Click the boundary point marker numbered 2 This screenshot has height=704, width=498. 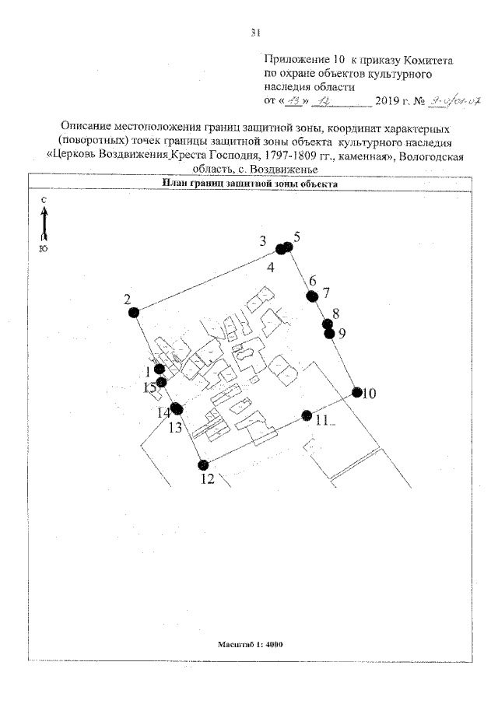tap(134, 312)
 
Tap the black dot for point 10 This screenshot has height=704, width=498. tap(357, 393)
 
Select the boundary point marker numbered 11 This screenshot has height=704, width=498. tap(307, 415)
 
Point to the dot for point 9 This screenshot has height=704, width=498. tap(329, 334)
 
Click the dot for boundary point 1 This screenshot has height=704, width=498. tap(160, 370)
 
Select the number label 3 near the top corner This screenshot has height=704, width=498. tap(263, 240)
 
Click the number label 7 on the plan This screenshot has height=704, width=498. tap(327, 293)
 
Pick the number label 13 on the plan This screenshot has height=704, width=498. tap(176, 427)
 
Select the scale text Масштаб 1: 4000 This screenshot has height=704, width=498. tap(250, 644)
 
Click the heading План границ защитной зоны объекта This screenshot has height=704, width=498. tap(250, 184)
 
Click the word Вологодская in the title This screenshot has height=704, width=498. tap(433, 155)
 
